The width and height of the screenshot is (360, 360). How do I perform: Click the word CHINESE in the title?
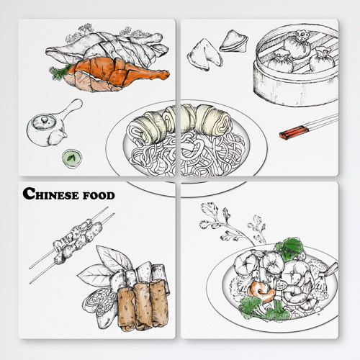click(x=51, y=194)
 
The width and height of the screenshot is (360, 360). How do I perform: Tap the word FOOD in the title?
click(x=99, y=195)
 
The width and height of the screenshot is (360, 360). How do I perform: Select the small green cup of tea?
click(x=72, y=158)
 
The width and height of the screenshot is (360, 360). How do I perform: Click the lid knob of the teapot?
click(x=44, y=120)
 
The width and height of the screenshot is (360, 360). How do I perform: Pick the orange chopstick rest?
click(x=294, y=132)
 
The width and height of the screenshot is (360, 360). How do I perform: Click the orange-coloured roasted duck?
click(x=117, y=74)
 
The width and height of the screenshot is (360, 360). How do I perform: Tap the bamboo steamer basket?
click(x=297, y=66)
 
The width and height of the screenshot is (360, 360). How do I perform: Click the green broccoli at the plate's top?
click(x=289, y=249)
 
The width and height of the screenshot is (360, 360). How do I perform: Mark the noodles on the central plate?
click(x=185, y=153)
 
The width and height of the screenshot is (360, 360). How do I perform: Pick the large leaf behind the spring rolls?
click(x=113, y=258)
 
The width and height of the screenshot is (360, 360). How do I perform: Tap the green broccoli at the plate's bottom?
click(x=264, y=308)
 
